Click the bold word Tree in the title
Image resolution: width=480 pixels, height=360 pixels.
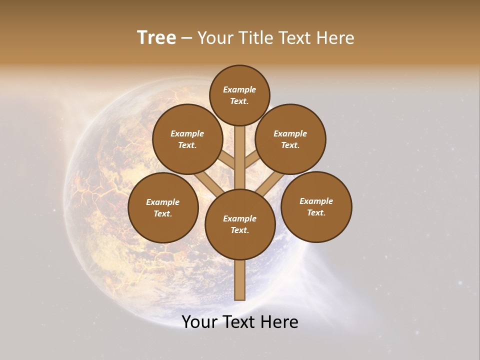coord(156,38)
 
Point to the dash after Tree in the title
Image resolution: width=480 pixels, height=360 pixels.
coord(187,38)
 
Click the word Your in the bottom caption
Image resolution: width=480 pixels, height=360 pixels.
coord(199,322)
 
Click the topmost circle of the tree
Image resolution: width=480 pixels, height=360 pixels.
coord(239,95)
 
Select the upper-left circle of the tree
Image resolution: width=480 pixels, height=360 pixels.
coord(187,139)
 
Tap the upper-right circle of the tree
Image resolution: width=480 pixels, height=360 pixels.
coord(290,139)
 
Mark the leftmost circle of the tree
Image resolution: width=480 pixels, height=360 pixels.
coord(163,207)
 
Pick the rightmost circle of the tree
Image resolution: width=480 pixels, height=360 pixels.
coord(316,207)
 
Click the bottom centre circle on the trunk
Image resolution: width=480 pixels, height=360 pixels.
coord(240,224)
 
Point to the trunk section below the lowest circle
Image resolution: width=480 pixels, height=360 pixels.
coord(240,280)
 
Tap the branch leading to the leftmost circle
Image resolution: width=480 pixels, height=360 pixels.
coord(207,184)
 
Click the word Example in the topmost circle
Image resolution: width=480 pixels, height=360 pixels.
coord(239,89)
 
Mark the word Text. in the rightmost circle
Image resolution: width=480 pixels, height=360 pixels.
coord(316,212)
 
